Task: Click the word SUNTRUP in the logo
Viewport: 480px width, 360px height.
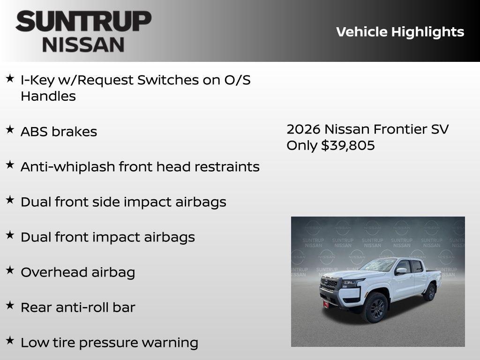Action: [83, 22]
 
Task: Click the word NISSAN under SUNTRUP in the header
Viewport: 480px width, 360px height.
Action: [83, 44]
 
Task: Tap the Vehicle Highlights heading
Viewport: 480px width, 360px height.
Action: [400, 32]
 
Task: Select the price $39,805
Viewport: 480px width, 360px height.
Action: [348, 145]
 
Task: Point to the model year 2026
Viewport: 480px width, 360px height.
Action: [303, 129]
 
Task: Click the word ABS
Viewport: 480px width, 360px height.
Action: [34, 132]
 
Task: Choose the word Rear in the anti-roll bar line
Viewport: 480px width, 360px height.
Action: [36, 307]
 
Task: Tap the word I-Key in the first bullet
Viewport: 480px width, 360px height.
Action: [37, 80]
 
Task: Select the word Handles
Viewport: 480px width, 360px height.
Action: [48, 97]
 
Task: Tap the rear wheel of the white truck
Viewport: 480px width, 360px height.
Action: [429, 292]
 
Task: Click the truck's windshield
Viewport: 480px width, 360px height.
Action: [378, 266]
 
